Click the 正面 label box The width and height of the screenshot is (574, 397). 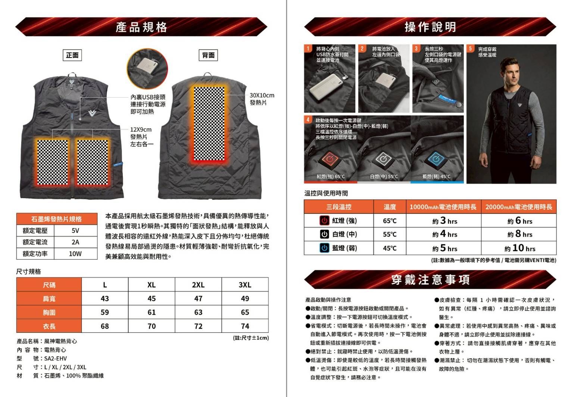pyautogui.click(x=72, y=55)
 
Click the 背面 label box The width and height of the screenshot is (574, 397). pyautogui.click(x=208, y=55)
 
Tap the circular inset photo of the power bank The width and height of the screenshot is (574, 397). pyautogui.click(x=147, y=69)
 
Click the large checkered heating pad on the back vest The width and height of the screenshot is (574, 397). pyautogui.click(x=209, y=124)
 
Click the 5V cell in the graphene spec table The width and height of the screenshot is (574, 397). pyautogui.click(x=75, y=231)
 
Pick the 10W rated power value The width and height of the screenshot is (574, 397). pyautogui.click(x=75, y=254)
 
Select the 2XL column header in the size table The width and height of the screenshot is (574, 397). pyautogui.click(x=198, y=285)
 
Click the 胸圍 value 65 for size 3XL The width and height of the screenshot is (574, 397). pyautogui.click(x=245, y=312)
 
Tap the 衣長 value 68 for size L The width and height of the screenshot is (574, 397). pyautogui.click(x=105, y=326)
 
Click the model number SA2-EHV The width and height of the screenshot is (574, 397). pyautogui.click(x=55, y=358)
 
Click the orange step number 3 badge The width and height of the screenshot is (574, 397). pyautogui.click(x=416, y=49)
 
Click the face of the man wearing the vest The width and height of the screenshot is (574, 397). pyautogui.click(x=511, y=73)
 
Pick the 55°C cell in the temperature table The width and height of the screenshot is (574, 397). pyautogui.click(x=390, y=234)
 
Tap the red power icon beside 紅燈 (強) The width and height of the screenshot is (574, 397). pyautogui.click(x=324, y=221)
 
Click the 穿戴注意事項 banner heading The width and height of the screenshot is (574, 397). pyautogui.click(x=430, y=279)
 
